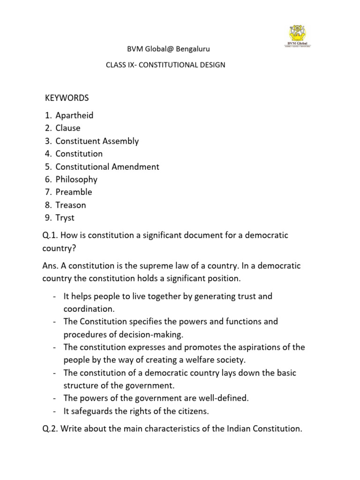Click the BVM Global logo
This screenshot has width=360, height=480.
[299, 36]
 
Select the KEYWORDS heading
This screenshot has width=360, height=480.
[67, 98]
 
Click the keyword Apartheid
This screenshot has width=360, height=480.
[75, 115]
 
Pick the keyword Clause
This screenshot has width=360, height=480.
[68, 128]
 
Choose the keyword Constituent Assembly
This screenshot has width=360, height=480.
[97, 141]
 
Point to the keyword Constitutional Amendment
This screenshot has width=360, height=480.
[107, 166]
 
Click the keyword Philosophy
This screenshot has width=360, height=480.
[76, 180]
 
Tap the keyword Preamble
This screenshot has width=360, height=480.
[74, 192]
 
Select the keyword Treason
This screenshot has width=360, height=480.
[71, 205]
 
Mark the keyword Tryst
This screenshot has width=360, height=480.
[65, 218]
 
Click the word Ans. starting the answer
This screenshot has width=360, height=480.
[50, 266]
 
